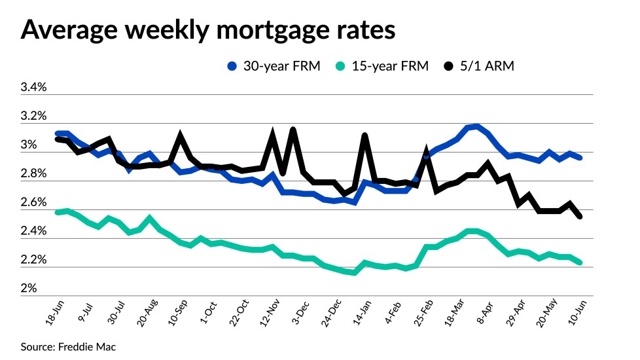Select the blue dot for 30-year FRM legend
[232, 66]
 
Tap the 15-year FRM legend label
[390, 66]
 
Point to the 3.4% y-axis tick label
[33, 88]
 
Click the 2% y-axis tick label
[29, 289]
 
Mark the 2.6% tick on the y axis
[33, 202]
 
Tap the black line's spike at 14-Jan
[364, 135]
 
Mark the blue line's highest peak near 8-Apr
[477, 126]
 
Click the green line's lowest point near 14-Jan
[354, 272]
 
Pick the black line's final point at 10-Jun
[580, 217]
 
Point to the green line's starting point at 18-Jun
[58, 212]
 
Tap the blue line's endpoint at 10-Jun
[580, 158]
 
